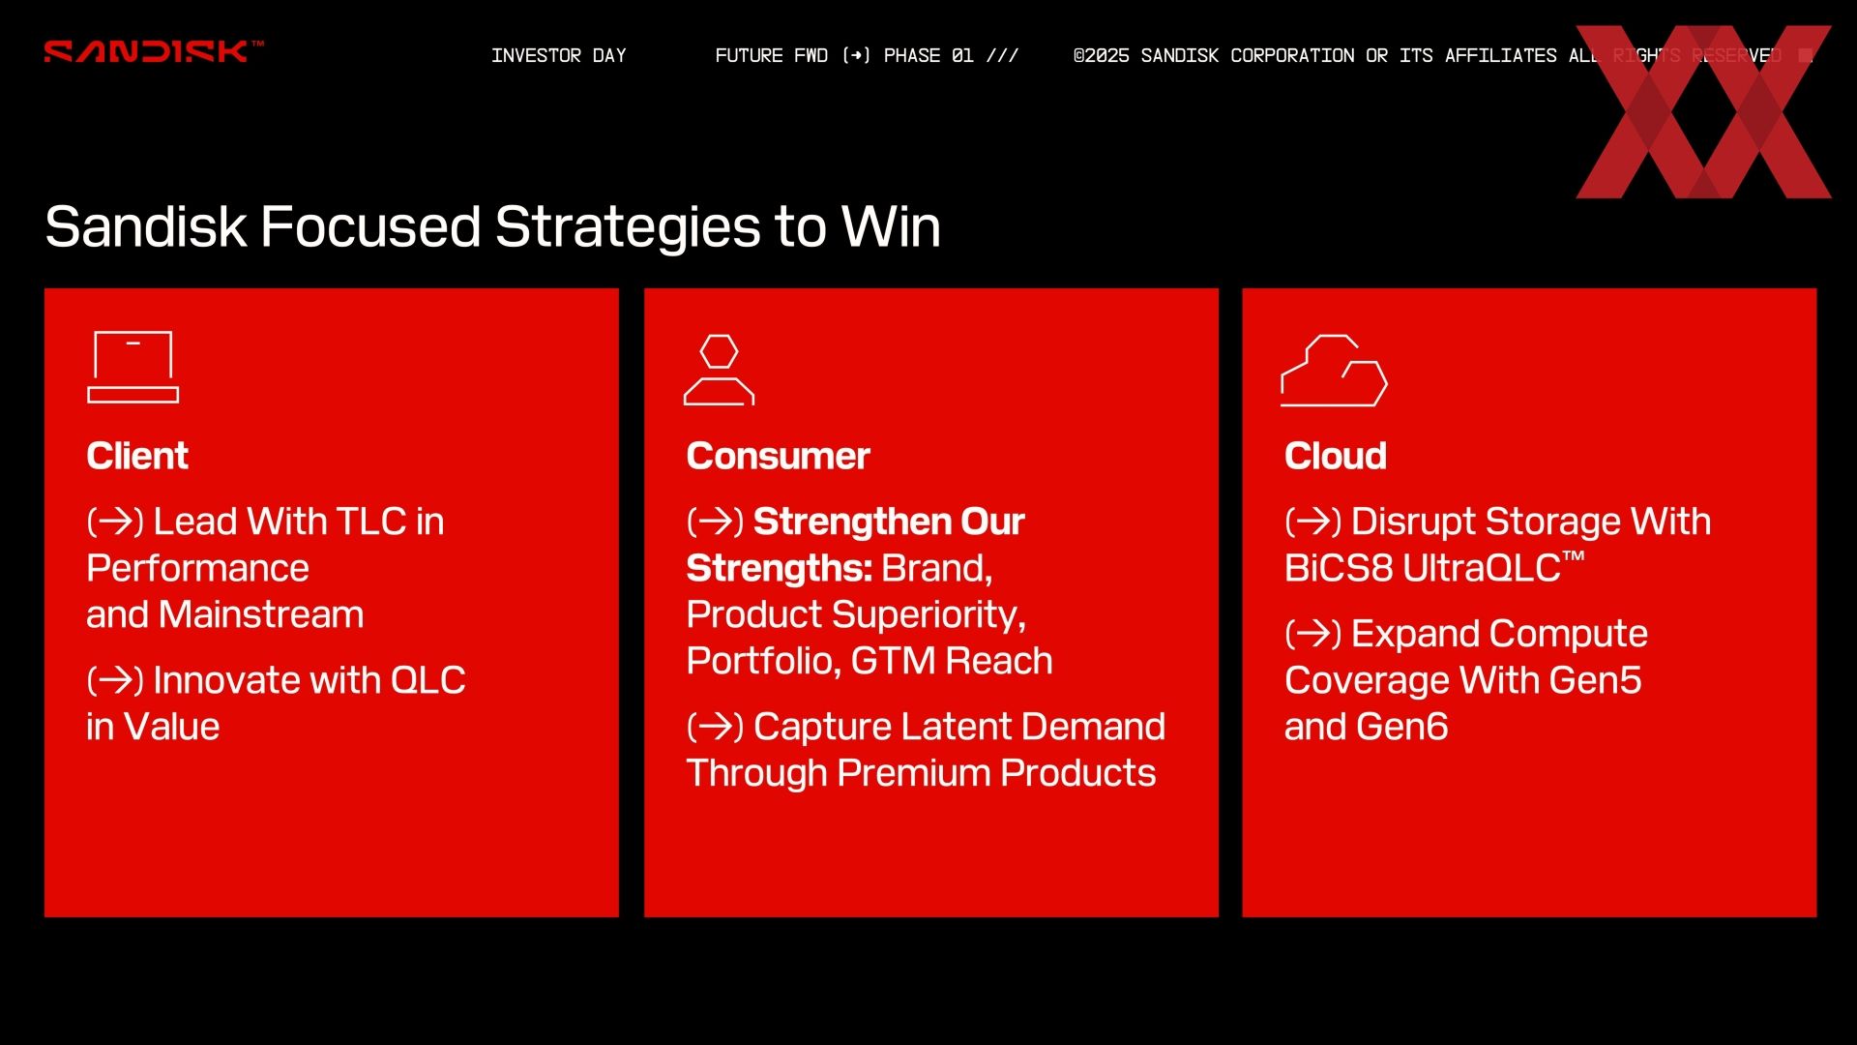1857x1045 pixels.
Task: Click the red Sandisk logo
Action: [x=153, y=51]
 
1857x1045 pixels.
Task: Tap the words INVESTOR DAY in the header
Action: [x=559, y=55]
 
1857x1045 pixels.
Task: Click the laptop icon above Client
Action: [x=133, y=367]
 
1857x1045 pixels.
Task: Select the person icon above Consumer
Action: [x=719, y=370]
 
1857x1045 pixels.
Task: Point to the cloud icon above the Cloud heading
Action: [x=1334, y=371]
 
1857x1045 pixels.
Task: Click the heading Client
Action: [x=137, y=456]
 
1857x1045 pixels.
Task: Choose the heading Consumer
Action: [x=779, y=456]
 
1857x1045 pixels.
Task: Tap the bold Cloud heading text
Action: [x=1336, y=456]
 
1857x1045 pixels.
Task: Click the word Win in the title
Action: [x=891, y=227]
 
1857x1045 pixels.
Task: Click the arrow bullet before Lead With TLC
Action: [x=115, y=522]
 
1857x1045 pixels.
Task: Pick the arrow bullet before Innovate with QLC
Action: [x=115, y=680]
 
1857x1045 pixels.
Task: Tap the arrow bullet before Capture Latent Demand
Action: [x=715, y=727]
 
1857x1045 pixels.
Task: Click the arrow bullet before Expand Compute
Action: [x=1313, y=634]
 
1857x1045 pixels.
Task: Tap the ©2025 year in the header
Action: [x=1101, y=55]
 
